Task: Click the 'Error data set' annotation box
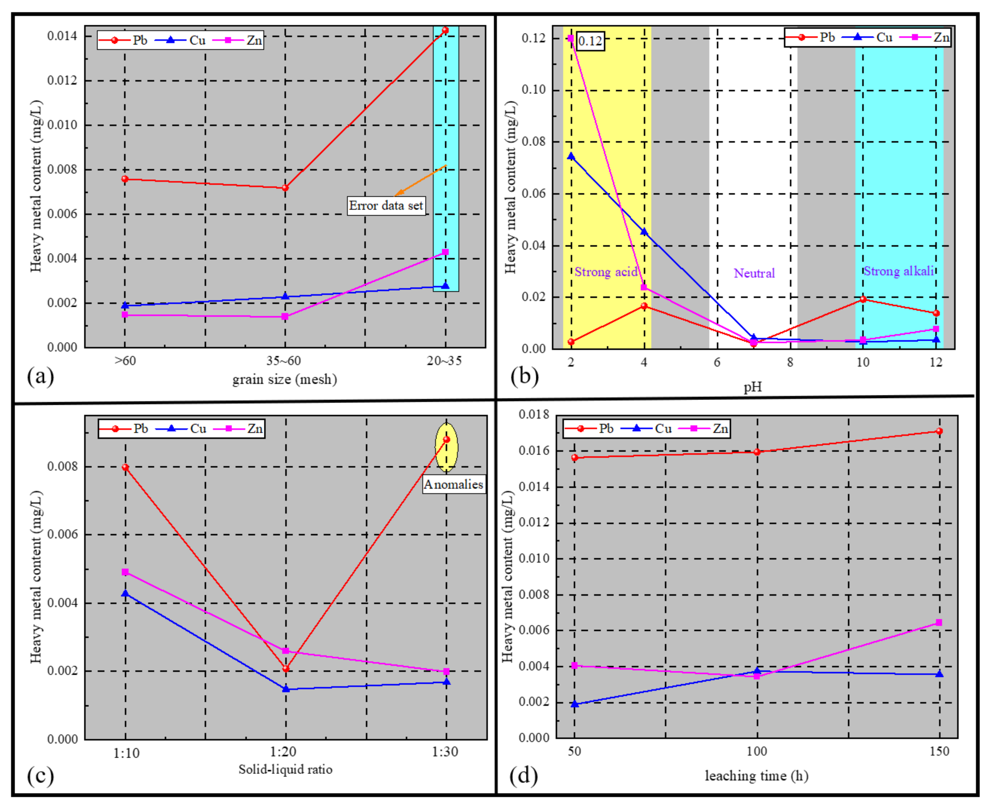pos(386,206)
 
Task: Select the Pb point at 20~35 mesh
pos(445,30)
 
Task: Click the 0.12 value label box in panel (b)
pos(590,41)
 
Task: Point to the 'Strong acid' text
pos(605,272)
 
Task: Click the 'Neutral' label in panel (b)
pos(754,273)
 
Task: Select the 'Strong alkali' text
pos(898,271)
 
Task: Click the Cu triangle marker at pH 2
pos(571,156)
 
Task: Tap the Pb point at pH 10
pos(863,299)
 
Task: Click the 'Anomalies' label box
pos(453,484)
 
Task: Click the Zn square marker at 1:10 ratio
pos(125,572)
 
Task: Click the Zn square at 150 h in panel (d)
pos(938,623)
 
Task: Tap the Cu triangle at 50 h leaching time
pos(575,704)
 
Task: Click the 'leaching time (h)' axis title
pos(756,776)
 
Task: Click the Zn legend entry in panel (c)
pos(247,429)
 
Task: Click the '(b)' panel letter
pos(524,376)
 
